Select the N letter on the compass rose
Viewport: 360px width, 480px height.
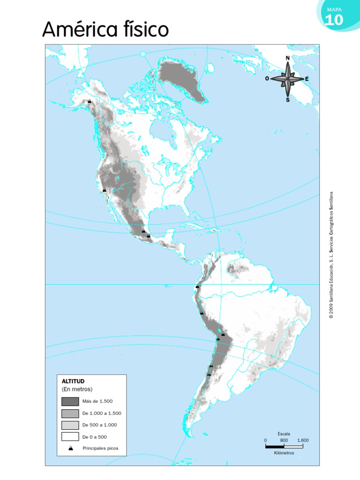point(287,58)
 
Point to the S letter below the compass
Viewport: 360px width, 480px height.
point(287,99)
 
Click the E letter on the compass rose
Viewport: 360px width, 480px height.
point(307,79)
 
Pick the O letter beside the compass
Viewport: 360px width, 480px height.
point(267,79)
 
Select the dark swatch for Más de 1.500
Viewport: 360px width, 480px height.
point(70,401)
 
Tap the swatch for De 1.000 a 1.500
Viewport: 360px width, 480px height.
point(70,413)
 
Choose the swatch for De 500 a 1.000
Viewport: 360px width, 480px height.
point(70,425)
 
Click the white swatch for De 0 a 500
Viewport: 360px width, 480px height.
point(70,436)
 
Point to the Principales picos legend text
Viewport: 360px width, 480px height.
point(101,448)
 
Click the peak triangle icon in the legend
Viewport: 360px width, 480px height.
point(70,448)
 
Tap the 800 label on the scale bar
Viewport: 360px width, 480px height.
point(284,441)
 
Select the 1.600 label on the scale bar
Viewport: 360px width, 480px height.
point(302,441)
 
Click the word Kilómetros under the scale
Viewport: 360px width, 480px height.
point(284,453)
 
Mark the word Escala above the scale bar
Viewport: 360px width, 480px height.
point(284,434)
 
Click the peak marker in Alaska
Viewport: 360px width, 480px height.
point(90,101)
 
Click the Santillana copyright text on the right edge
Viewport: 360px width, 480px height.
point(331,255)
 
